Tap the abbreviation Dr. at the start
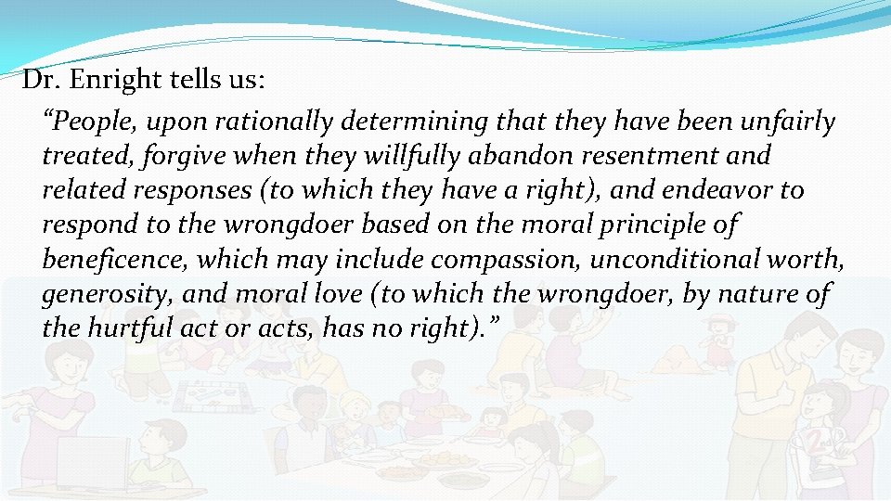pyautogui.click(x=39, y=81)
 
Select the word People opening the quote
pyautogui.click(x=86, y=122)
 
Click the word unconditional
pyautogui.click(x=658, y=259)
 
